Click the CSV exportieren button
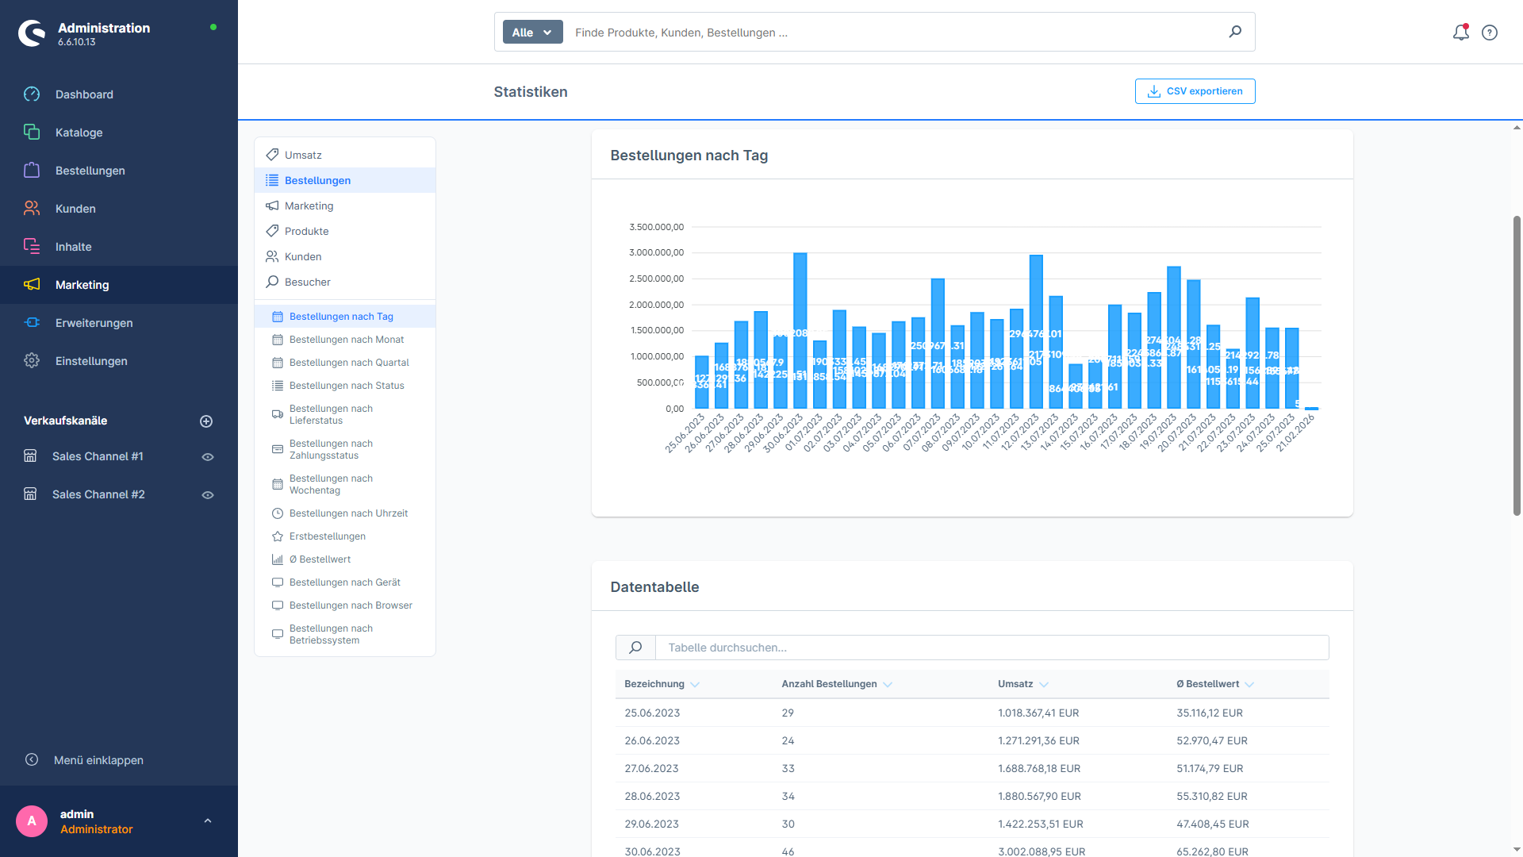point(1195,91)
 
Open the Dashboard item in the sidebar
point(84,94)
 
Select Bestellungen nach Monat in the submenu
point(346,340)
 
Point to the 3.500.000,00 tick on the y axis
point(656,227)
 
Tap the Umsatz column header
point(1015,684)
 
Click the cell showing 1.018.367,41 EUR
point(1038,713)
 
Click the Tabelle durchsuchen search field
point(992,648)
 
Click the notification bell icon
point(1460,33)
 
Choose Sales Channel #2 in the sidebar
point(98,494)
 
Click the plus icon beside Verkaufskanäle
point(206,421)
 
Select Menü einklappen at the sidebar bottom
point(98,760)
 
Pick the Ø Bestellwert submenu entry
point(320,559)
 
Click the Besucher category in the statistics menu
point(307,282)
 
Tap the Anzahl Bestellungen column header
point(829,684)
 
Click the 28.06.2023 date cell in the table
point(652,796)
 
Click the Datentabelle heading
point(654,587)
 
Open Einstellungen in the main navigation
point(91,361)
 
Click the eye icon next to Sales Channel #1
point(208,457)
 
